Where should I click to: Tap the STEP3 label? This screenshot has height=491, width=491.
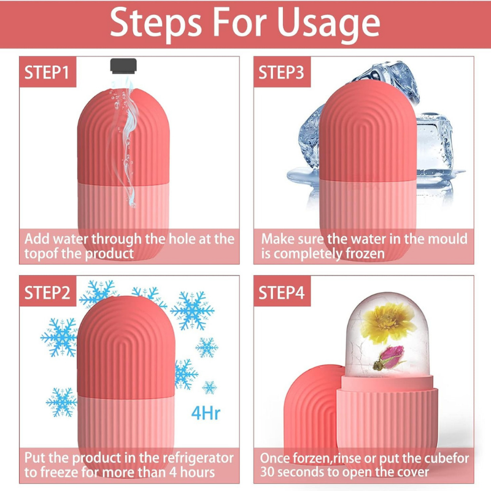pos(280,72)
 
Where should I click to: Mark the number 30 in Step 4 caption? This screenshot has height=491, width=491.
pos(269,473)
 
